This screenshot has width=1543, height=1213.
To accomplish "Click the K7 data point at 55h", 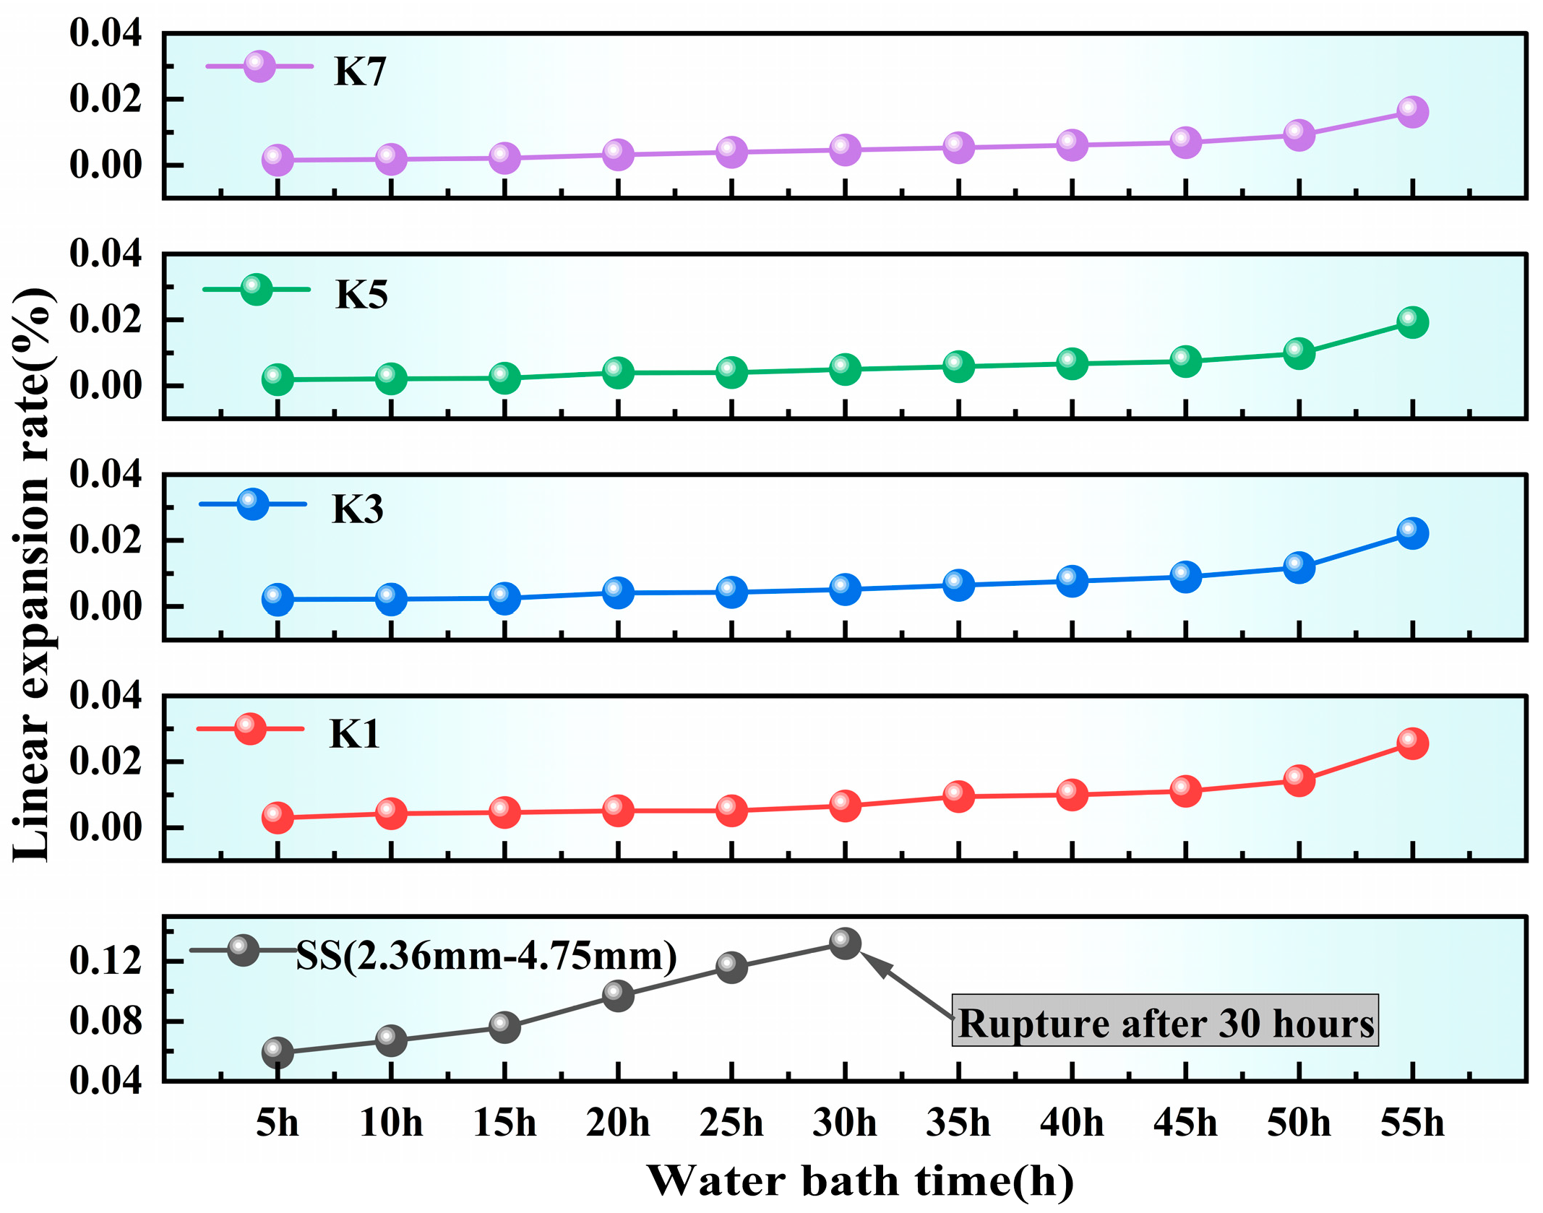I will point(1412,112).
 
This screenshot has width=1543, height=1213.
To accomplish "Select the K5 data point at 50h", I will point(1299,353).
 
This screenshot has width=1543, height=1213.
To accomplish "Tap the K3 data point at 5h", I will point(278,600).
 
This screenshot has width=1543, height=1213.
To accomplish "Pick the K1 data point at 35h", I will point(958,796).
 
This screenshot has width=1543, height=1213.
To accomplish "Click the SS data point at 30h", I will point(845,944).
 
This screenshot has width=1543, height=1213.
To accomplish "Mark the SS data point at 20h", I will point(618,996).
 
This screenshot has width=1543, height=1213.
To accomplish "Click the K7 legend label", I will point(360,72).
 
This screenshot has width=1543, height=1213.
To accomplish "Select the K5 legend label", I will point(361,295).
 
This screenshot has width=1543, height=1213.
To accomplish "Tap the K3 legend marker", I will point(252,504).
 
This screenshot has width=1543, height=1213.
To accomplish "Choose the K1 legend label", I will point(354,734).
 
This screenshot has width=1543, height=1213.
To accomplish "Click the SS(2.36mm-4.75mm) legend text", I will point(486,956).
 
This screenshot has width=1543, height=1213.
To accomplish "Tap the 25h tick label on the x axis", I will point(731,1123).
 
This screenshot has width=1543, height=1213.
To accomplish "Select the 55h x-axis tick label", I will point(1412,1123).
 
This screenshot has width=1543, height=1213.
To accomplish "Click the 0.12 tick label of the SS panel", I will point(106,961).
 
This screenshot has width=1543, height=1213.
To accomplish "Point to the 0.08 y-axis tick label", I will point(106,1021).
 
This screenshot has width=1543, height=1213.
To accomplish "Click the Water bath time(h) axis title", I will point(859,1181).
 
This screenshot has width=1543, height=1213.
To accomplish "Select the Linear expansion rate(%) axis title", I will point(33,574).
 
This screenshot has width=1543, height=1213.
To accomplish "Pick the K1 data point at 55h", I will point(1412,743).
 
